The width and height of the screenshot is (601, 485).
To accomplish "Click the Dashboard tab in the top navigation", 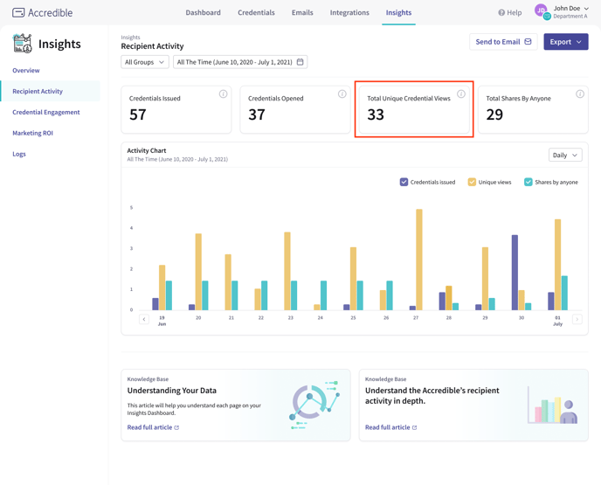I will point(203,13).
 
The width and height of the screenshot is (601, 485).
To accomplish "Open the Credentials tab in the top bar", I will point(256,13).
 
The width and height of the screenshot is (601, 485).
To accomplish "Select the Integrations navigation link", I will point(349,13).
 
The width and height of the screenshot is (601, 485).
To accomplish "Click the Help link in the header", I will point(510,13).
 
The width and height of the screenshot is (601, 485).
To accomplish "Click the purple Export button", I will point(565,42).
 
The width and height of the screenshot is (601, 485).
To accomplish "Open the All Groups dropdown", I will point(145,62).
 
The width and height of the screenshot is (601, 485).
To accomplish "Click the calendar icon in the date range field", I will point(300,62).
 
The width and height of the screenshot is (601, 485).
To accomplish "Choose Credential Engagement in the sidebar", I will point(46,112).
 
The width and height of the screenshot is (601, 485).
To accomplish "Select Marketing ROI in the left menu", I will point(32,133).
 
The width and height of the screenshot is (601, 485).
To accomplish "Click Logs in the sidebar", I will point(19,154).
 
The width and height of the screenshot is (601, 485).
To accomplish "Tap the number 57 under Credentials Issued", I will point(138,114).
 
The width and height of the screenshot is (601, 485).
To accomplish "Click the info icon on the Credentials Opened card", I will point(342,94).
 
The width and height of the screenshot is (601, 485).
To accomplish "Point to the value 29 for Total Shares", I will point(494,114).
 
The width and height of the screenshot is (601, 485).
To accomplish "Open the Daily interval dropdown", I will point(565,155).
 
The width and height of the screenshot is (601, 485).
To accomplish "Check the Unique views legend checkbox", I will point(472,182).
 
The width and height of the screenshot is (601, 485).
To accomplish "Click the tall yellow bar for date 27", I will point(419,260).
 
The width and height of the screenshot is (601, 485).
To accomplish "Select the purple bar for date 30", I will point(515,272).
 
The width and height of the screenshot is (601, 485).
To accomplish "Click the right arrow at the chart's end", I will point(577,319).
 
